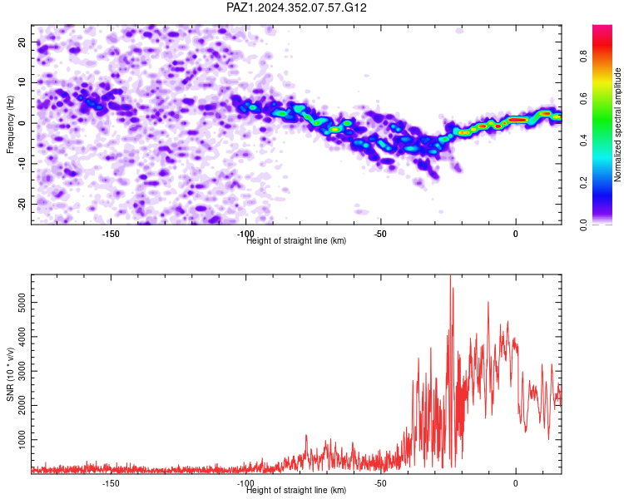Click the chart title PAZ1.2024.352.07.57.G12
(296, 7)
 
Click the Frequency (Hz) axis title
(10, 124)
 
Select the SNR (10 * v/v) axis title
(10, 374)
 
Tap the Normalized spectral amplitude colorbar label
(617, 124)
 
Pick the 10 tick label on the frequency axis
(22, 82)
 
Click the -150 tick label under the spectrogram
(111, 234)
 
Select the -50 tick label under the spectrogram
(380, 234)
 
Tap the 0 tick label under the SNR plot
(515, 483)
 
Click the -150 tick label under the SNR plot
(111, 483)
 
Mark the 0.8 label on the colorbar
(583, 56)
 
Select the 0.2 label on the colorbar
(583, 183)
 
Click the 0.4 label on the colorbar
(583, 141)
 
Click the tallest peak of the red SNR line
(450, 275)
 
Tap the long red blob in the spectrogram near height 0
(518, 120)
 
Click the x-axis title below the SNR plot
(296, 490)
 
